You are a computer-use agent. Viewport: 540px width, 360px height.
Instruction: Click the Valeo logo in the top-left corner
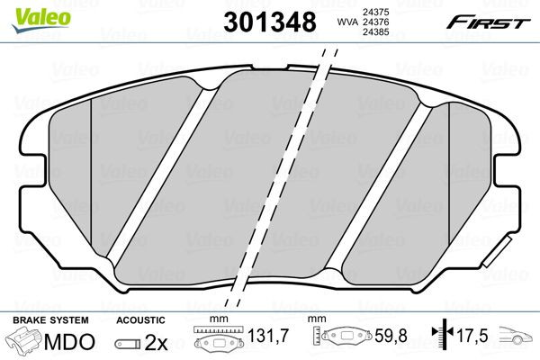pyautogui.click(x=28, y=12)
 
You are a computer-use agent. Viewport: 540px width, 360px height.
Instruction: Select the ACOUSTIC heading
pyautogui.click(x=141, y=320)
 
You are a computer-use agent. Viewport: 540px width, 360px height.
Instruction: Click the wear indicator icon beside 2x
pyautogui.click(x=129, y=343)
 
